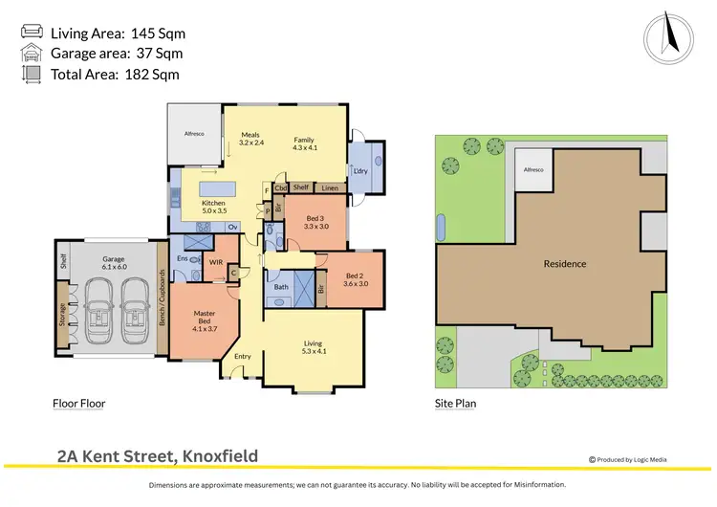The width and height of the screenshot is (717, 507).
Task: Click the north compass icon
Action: (x=668, y=38)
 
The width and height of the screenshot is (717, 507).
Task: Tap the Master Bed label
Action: (x=205, y=319)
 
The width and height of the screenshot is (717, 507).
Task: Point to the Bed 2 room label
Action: (x=357, y=278)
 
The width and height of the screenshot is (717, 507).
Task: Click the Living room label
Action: (x=313, y=346)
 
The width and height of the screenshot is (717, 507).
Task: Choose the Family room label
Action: (x=304, y=142)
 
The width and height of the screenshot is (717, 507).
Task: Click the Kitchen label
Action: (x=212, y=208)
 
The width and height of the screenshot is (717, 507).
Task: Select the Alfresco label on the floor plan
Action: (x=195, y=135)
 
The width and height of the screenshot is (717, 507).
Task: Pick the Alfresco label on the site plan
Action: (x=532, y=169)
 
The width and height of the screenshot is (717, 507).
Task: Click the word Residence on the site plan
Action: (x=565, y=264)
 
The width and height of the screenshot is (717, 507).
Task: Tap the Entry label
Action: (x=242, y=357)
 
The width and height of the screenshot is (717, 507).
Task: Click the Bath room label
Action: (x=281, y=286)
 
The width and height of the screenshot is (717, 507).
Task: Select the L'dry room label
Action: (x=360, y=171)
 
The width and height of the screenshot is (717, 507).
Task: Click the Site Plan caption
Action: (x=455, y=404)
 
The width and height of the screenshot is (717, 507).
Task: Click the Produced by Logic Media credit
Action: (x=628, y=460)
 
